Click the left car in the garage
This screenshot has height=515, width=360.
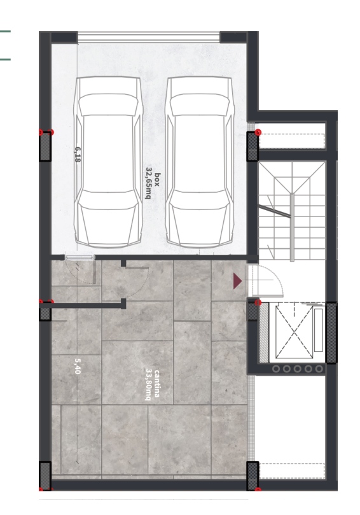pos(108,162)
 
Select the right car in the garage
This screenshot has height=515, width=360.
pos(200,162)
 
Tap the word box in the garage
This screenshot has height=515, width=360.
pos(157,180)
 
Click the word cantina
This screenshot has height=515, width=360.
pos(157,383)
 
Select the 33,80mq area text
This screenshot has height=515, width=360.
pos(148,384)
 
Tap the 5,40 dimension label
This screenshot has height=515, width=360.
pos(78,365)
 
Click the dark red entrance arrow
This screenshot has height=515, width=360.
pos(237,281)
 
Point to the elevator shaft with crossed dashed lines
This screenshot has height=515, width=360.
pos(294,332)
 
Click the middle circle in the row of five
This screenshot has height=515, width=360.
pos(297,369)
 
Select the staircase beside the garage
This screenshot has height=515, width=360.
pos(292,211)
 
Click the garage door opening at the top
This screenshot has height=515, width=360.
pos(148,37)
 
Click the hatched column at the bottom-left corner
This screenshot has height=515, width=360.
pos(45,476)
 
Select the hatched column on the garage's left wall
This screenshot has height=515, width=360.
pos(45,146)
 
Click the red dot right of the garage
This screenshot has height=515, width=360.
pos(258,132)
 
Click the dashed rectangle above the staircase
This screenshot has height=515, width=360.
pos(292,141)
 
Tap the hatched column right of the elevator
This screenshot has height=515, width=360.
pos(331,332)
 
